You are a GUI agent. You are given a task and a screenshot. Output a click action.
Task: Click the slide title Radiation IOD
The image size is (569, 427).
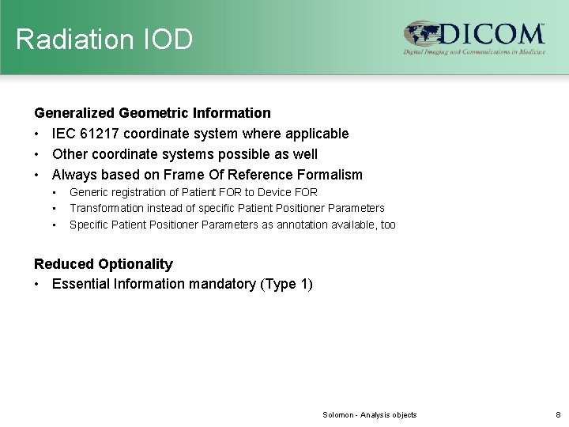coord(104,39)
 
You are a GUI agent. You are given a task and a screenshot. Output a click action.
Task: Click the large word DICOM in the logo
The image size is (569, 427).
coord(492,33)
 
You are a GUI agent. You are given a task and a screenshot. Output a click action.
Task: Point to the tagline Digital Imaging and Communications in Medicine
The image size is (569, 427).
coord(475,52)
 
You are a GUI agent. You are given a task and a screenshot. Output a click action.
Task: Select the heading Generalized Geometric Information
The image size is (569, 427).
coord(152,113)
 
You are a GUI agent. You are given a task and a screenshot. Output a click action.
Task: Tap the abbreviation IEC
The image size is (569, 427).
coord(65,134)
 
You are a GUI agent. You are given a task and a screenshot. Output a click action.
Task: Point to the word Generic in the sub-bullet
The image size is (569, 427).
coord(89,192)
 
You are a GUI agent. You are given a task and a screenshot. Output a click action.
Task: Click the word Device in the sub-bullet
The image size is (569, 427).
coord(275,192)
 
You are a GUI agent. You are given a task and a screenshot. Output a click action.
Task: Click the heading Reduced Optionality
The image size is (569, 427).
coord(103,264)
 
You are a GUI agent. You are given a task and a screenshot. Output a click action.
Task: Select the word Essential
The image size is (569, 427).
coord(81,284)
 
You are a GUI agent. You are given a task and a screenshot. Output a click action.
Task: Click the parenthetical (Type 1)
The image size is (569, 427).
coord(285,284)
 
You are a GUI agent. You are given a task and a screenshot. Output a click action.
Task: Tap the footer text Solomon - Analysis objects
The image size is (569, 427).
coord(369,415)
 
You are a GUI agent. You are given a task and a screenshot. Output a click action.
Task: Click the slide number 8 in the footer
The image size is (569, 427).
coord(557,415)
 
